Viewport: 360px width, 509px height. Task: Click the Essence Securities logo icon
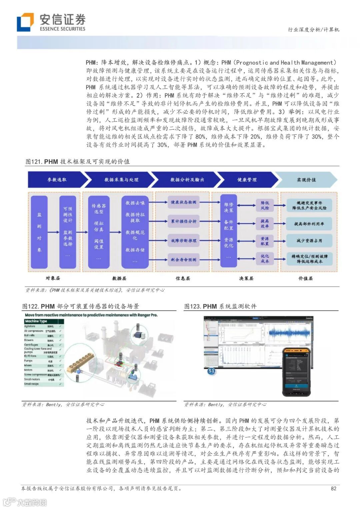[25, 22]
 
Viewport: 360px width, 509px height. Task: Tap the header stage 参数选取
[57, 180]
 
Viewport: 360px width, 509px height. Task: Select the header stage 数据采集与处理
[121, 180]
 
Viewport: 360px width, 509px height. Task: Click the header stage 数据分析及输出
[187, 180]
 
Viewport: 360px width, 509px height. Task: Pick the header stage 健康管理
[247, 180]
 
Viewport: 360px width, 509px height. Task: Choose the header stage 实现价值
[306, 180]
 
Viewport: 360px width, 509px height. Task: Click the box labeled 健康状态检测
[183, 202]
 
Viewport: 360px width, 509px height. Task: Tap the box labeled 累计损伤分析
[183, 221]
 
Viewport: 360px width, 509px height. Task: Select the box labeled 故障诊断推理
[183, 240]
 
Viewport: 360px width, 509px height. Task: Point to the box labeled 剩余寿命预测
[183, 259]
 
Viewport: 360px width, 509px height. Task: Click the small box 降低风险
[265, 205]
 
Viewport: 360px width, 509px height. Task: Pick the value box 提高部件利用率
[309, 224]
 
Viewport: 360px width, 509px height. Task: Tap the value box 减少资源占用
[309, 240]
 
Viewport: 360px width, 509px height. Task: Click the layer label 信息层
[183, 278]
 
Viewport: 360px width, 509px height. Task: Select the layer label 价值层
[305, 278]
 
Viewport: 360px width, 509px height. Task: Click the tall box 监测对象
[39, 232]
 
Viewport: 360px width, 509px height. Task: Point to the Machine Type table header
[36, 321]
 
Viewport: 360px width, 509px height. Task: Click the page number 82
[333, 488]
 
